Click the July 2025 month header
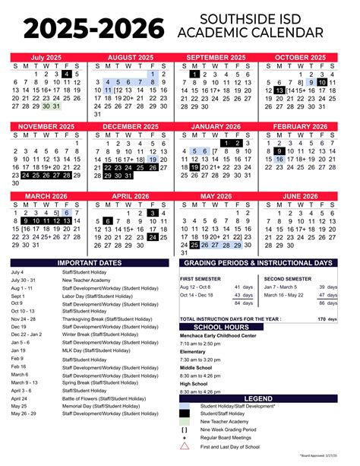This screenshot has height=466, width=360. tap(46, 58)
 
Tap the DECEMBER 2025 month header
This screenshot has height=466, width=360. tap(132, 126)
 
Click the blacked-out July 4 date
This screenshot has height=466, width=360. tap(67, 74)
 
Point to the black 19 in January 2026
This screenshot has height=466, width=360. tap(196, 167)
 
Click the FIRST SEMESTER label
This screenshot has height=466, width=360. tap(200, 279)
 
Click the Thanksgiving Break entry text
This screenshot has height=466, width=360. tap(106, 319)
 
